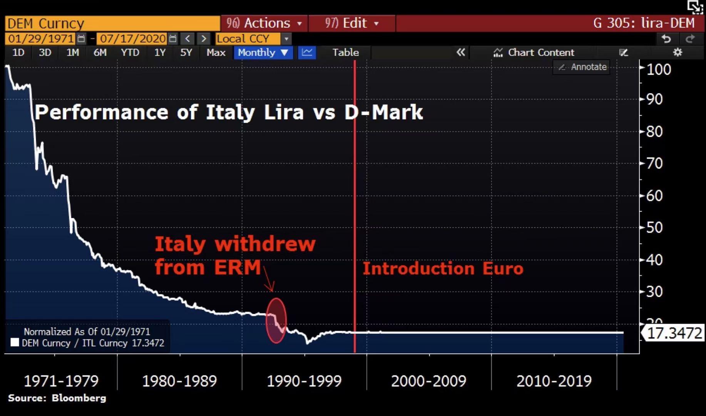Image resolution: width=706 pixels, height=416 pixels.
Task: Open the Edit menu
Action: point(352,23)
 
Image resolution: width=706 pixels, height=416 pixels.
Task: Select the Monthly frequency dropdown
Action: point(263,52)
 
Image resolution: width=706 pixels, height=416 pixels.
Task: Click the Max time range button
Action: point(216,52)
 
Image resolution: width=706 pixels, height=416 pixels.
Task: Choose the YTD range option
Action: point(130,52)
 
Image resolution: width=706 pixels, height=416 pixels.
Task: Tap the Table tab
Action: point(345,52)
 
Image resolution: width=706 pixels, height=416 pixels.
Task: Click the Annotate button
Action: point(582,67)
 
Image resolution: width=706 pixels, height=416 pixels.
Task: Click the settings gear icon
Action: point(678,52)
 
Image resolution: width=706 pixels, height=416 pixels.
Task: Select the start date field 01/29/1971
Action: point(41,39)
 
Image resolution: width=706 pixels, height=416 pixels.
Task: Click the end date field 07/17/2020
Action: point(133,39)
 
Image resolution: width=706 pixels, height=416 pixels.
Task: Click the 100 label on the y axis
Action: point(659,69)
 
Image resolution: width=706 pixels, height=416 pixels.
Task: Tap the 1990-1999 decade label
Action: point(304,381)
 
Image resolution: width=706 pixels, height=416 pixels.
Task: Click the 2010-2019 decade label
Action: point(554,381)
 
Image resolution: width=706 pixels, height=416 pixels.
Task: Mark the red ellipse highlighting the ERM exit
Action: point(276,320)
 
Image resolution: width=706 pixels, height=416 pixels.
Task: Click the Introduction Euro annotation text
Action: point(443,268)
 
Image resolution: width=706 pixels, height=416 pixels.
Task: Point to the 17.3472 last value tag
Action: point(674,333)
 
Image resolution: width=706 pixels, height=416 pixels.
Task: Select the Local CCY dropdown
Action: point(253,39)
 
